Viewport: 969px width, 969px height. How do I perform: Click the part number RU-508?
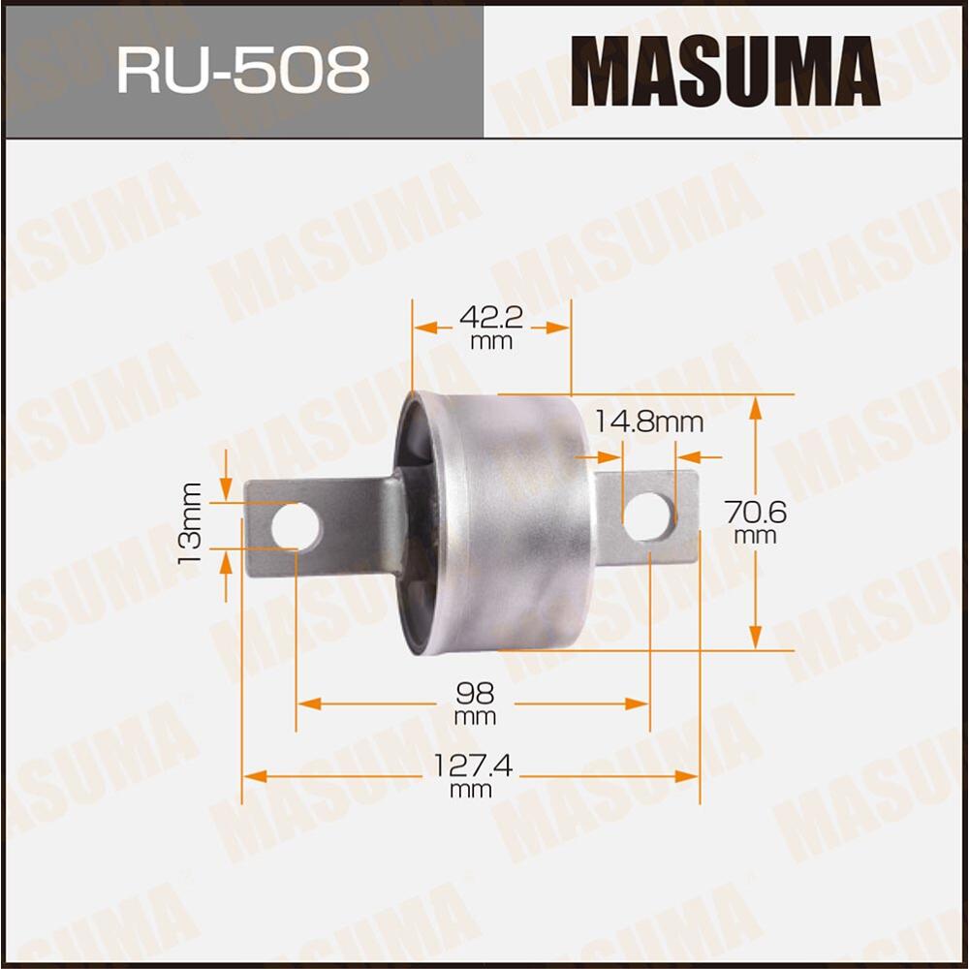tap(243, 70)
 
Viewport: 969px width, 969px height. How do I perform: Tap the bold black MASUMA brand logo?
tap(725, 70)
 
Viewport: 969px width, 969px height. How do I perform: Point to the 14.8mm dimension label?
tap(648, 422)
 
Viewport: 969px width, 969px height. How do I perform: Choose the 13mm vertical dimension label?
tap(190, 524)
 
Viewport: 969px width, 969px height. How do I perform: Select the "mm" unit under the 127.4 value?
tap(472, 790)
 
